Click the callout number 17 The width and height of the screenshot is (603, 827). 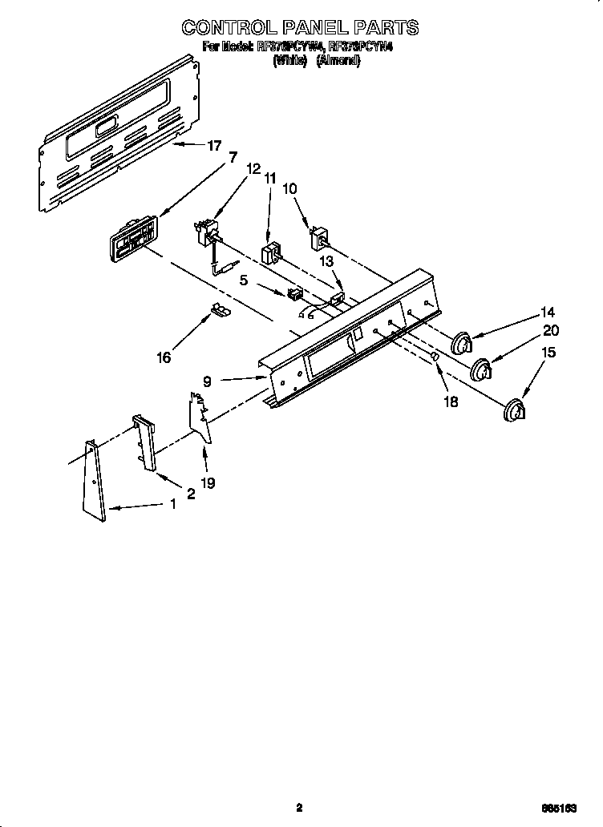pos(214,146)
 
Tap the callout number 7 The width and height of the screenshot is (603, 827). pos(233,157)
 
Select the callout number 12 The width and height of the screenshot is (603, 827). pos(253,169)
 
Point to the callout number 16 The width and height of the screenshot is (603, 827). pos(164,357)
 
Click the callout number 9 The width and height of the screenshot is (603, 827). pos(207,382)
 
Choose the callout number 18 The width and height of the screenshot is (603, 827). pos(451,401)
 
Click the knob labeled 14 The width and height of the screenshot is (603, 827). pos(460,343)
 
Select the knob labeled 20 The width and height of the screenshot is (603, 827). pos(481,371)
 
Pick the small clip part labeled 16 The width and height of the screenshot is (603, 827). pos(217,310)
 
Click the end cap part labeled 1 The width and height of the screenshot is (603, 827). pos(94,481)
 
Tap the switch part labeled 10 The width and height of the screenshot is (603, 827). pos(320,238)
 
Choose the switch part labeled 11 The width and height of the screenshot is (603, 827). pos(270,252)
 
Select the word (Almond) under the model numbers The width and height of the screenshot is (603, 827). pos(338,61)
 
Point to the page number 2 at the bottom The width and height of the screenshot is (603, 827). pos(299,808)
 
